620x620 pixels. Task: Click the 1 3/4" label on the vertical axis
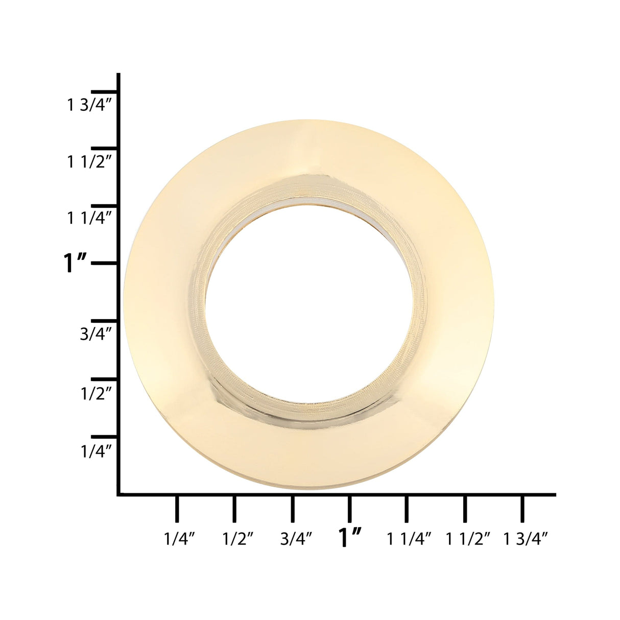pyautogui.click(x=89, y=105)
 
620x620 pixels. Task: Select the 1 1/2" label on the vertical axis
pyautogui.click(x=89, y=162)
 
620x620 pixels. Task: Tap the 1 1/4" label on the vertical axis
pyautogui.click(x=89, y=218)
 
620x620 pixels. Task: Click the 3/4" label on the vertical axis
pyautogui.click(x=96, y=335)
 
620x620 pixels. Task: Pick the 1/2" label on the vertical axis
pyautogui.click(x=96, y=393)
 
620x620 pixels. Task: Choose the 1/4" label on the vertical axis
pyautogui.click(x=96, y=451)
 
